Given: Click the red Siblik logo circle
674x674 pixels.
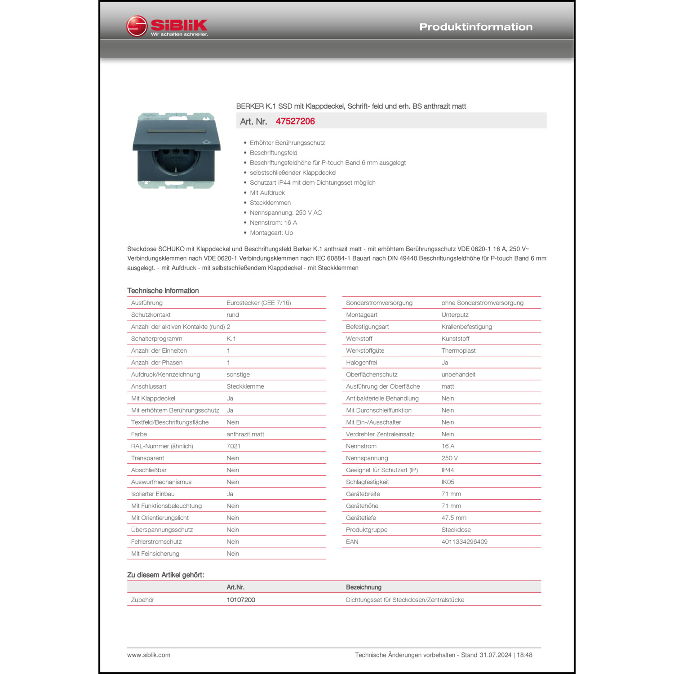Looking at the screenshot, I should click(x=137, y=26).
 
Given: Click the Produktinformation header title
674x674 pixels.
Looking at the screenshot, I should click(x=475, y=27).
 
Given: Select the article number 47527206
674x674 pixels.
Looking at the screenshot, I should click(x=295, y=121).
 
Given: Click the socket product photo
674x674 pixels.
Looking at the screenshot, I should click(x=177, y=151).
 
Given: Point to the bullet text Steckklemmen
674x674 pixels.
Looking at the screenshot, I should click(x=270, y=203).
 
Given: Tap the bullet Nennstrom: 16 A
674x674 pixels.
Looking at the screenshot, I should click(x=273, y=223).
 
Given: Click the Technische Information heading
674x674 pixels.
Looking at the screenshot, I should click(x=163, y=291).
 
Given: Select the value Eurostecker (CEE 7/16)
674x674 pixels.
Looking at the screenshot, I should click(x=258, y=303).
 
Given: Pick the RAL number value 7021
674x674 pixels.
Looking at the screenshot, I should click(x=233, y=446).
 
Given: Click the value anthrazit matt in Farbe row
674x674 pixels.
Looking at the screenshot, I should click(x=245, y=434).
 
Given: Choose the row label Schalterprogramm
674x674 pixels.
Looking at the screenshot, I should click(x=156, y=339).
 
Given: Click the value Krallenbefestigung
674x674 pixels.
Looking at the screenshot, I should click(x=466, y=327).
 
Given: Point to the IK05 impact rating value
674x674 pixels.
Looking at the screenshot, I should click(x=448, y=482).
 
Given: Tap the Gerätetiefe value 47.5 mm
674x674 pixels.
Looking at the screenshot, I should click(x=454, y=518).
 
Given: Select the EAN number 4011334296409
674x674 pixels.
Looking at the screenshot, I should click(x=464, y=542).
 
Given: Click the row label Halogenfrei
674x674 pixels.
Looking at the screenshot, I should click(x=361, y=363).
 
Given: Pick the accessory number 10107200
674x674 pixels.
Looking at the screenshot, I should click(x=241, y=600).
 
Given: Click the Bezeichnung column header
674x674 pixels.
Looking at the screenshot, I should click(x=364, y=587).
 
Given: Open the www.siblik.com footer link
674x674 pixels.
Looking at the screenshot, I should click(x=149, y=655).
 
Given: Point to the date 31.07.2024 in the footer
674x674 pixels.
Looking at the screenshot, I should click(x=495, y=655).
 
